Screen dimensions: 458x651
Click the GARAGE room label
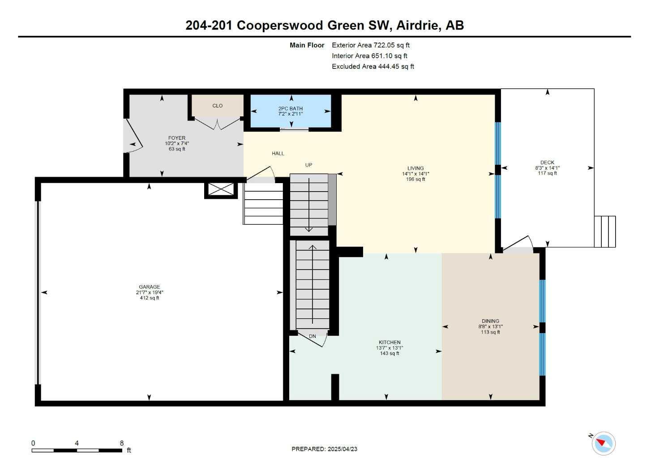[149, 287]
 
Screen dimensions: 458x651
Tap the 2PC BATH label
[290, 108]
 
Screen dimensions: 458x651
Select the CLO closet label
[218, 106]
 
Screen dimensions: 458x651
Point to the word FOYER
[177, 138]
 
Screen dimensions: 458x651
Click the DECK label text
[547, 163]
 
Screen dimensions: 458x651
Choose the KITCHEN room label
[389, 342]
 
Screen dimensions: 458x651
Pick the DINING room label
[490, 321]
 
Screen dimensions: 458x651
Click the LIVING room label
[415, 168]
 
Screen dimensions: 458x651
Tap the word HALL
[278, 154]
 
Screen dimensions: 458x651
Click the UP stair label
[308, 165]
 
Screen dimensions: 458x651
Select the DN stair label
[313, 336]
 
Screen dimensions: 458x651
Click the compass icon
[603, 443]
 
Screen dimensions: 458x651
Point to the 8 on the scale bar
[122, 443]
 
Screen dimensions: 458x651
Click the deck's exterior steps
[605, 231]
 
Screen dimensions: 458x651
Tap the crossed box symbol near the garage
[221, 189]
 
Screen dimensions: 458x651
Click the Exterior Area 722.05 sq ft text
[371, 45]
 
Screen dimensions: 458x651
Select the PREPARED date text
[324, 449]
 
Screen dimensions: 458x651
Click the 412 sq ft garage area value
[149, 298]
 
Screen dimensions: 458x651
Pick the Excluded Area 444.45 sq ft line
[373, 67]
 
